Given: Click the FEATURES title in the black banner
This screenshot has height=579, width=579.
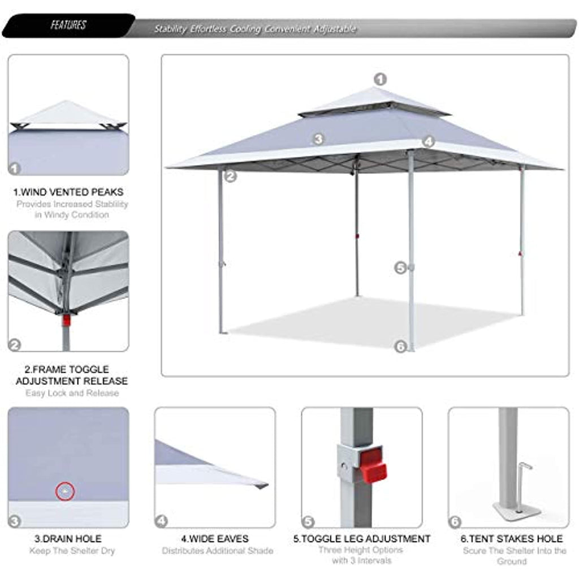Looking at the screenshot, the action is (68, 25).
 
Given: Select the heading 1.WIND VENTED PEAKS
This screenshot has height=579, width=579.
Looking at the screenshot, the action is (68, 192).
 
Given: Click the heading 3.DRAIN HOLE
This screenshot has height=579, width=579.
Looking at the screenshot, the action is (68, 539).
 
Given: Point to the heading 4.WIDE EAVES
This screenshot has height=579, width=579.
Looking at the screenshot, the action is (215, 539).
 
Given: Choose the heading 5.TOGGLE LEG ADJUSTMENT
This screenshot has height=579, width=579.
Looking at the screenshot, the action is (362, 539).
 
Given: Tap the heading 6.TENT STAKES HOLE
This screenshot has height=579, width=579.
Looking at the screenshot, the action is (511, 539).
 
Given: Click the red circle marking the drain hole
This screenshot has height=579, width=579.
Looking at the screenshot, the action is (65, 491).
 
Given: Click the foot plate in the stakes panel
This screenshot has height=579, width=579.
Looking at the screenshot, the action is (517, 511).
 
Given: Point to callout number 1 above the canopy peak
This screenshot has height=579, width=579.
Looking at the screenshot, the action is (380, 79).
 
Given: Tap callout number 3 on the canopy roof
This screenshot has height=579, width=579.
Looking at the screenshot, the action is (318, 139).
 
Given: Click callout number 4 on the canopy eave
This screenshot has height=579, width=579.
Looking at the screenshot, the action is (429, 141).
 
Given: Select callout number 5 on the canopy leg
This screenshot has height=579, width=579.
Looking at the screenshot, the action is (400, 267).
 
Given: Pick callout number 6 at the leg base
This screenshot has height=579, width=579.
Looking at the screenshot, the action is (400, 347).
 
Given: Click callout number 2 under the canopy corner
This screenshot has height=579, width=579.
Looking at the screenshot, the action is (231, 176).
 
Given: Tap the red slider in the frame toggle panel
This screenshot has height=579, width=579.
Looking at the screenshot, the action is (66, 320).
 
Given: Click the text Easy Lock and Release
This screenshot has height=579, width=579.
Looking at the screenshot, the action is (72, 393).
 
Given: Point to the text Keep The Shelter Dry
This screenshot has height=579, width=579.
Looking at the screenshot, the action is (72, 551).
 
